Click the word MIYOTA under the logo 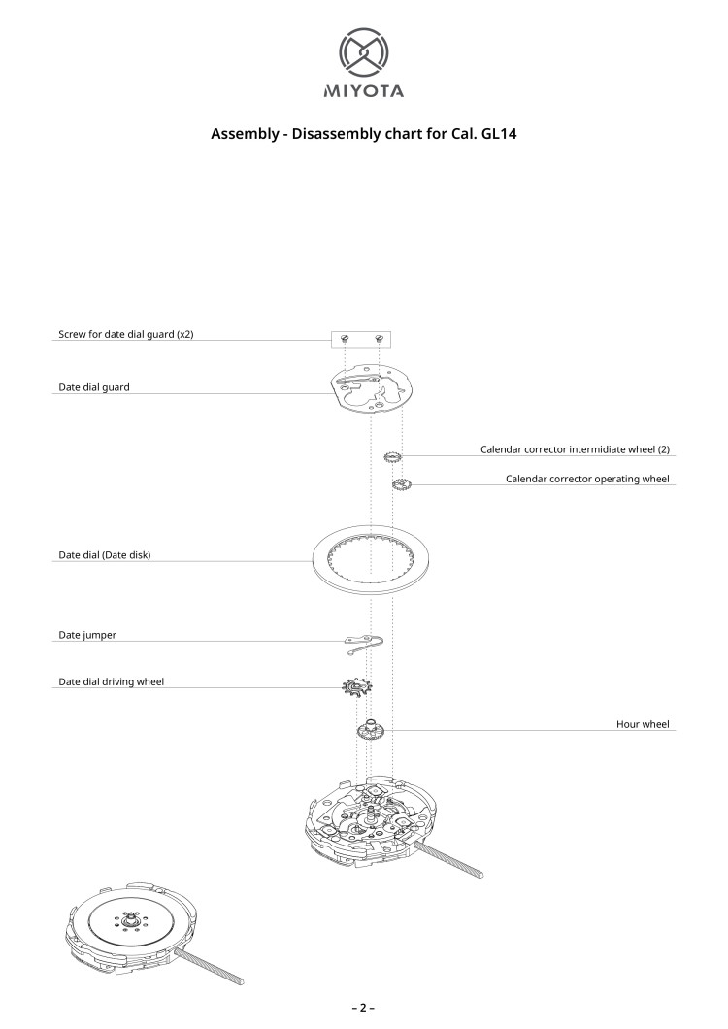pyautogui.click(x=363, y=92)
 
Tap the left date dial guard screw pyautogui.click(x=346, y=338)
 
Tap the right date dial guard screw pyautogui.click(x=379, y=338)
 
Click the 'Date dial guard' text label pyautogui.click(x=94, y=386)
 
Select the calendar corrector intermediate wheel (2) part pyautogui.click(x=393, y=456)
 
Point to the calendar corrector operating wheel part pyautogui.click(x=402, y=483)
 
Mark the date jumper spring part pyautogui.click(x=364, y=641)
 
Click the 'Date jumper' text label pyautogui.click(x=88, y=635)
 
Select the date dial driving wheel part pyautogui.click(x=356, y=689)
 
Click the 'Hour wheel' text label pyautogui.click(x=643, y=724)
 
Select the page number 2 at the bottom pyautogui.click(x=364, y=1008)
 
